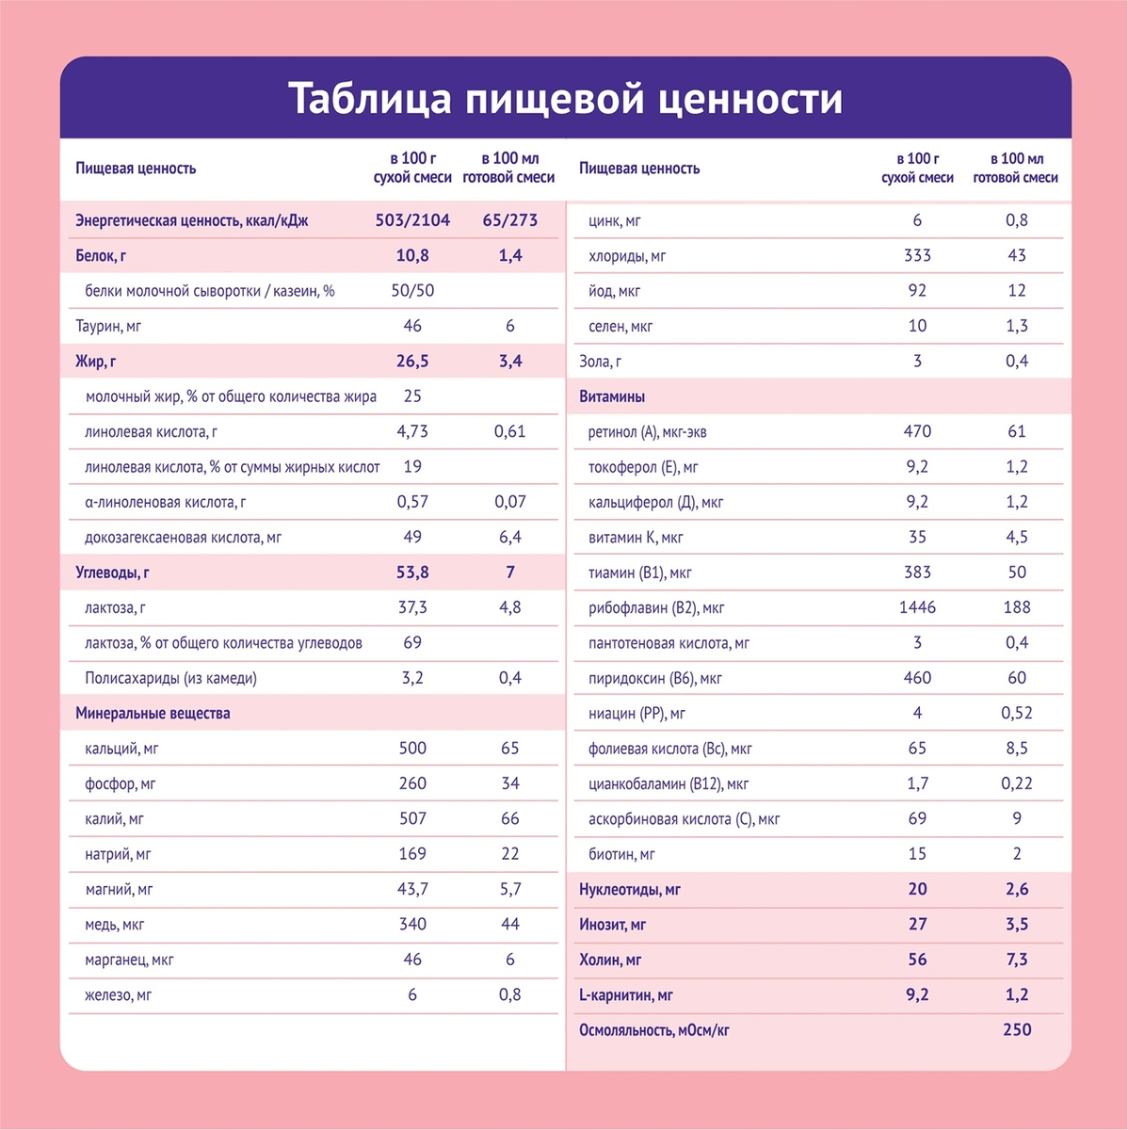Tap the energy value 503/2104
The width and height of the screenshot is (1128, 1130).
pos(412,220)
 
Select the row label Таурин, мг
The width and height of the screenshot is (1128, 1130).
pos(108,327)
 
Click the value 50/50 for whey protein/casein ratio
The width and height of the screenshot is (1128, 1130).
pos(412,291)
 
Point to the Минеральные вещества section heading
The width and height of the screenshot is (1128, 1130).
pos(153,713)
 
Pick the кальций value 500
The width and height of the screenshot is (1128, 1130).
pos(412,749)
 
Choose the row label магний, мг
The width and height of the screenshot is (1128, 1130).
pos(119,889)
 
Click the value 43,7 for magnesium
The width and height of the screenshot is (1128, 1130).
pos(412,889)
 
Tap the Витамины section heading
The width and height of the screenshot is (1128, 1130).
pos(612,396)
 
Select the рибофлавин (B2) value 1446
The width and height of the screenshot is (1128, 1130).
pos(917,607)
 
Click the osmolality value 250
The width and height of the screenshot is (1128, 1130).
pos(1017,1030)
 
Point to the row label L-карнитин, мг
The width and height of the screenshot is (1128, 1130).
pos(626,995)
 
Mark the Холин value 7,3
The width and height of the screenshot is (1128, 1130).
pos(1017,960)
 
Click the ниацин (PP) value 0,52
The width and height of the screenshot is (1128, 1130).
pos(1017,713)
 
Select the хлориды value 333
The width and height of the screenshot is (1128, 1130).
pos(917,255)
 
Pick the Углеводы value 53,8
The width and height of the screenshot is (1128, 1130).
pos(412,573)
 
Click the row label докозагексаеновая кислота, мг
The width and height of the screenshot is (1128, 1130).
pos(184,538)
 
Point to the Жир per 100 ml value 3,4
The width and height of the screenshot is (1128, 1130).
pos(509,362)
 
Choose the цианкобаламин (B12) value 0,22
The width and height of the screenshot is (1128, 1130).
pos(1017,783)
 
